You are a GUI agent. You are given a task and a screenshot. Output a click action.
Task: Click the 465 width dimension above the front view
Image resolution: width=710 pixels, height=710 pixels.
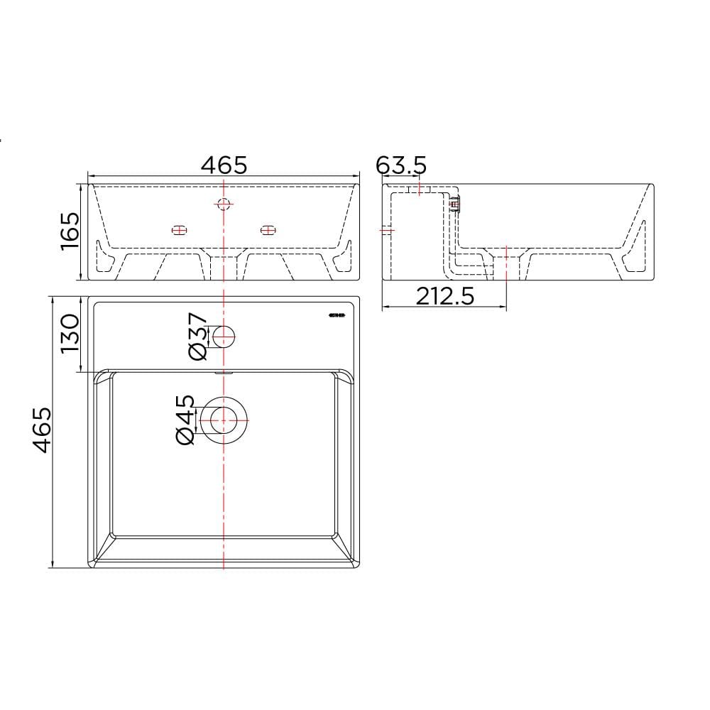[224, 165]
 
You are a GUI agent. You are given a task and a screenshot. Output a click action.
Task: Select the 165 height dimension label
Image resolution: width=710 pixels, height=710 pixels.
[70, 231]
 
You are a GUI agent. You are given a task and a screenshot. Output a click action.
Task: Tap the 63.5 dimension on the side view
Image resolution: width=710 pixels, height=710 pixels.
[401, 165]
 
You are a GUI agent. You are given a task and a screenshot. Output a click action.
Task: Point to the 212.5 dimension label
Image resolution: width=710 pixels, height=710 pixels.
[445, 297]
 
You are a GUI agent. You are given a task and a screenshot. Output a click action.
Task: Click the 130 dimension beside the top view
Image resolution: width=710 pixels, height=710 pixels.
[70, 334]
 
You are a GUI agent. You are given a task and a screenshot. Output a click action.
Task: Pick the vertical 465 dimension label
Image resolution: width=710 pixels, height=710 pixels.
[42, 430]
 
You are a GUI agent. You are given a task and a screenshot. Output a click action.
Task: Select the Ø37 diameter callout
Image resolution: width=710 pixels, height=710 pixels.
[197, 337]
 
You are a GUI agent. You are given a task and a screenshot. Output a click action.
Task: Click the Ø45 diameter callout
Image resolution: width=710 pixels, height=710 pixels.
[185, 420]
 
